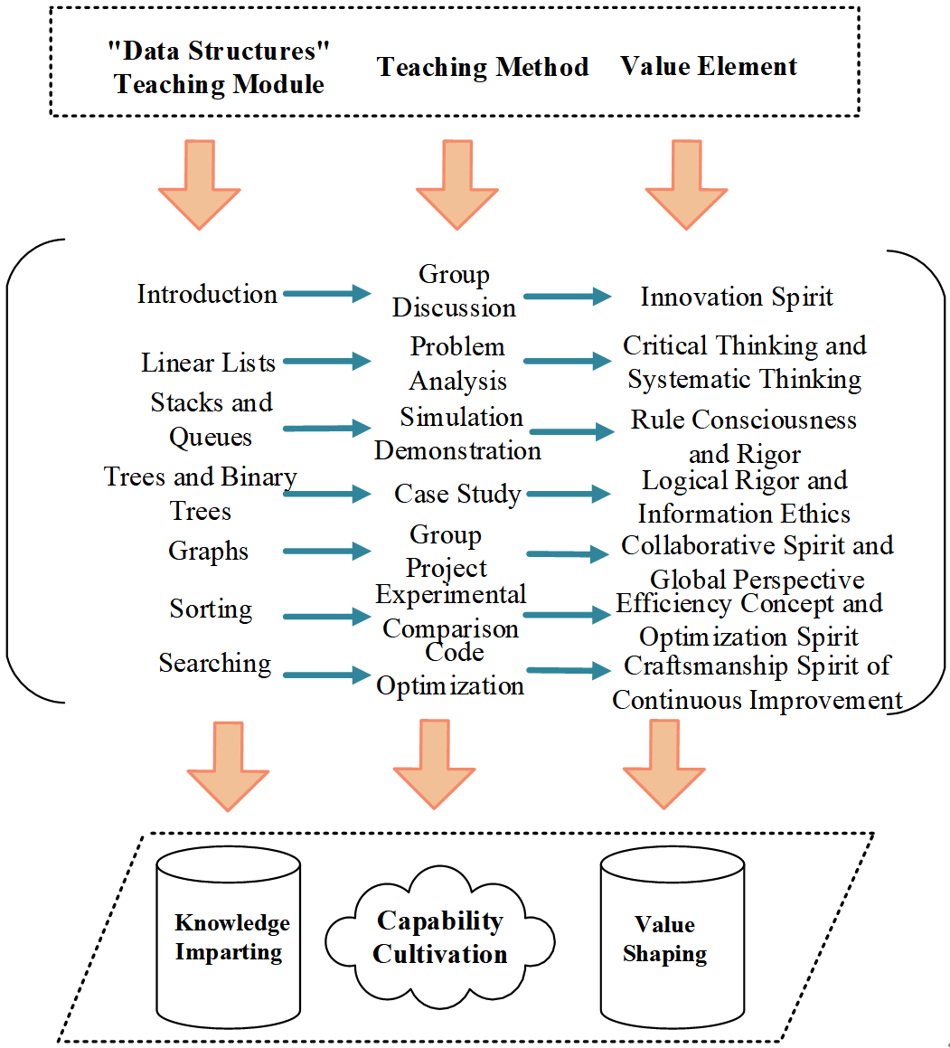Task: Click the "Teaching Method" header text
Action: [x=483, y=67]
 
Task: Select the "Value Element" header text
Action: [x=709, y=67]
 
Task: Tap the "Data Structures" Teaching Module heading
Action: [x=219, y=68]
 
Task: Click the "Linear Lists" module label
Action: [x=208, y=363]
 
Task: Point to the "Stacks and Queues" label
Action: [x=212, y=420]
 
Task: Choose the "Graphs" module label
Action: [x=208, y=552]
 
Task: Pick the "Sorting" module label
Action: [x=211, y=609]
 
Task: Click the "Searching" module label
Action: [x=215, y=663]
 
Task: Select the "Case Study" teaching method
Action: [x=457, y=494]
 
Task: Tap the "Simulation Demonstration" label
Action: [x=459, y=434]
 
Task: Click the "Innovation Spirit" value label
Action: [x=737, y=297]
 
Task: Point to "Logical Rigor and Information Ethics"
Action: [x=744, y=497]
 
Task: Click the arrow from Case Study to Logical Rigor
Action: [x=569, y=494]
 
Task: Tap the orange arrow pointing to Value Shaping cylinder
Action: [x=664, y=764]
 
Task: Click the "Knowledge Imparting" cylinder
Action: [x=229, y=938]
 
